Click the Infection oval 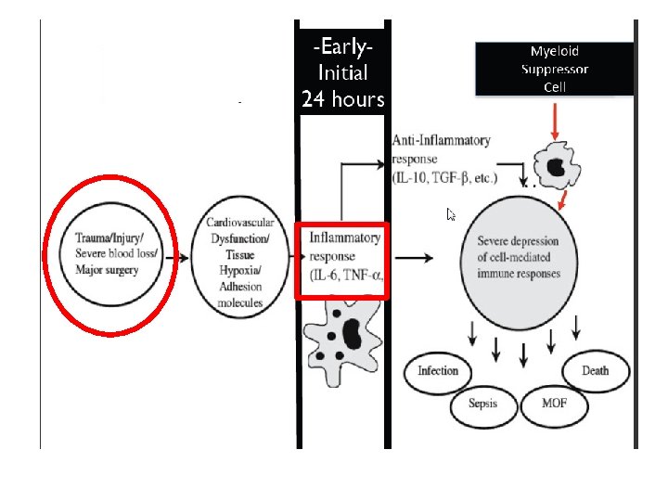tap(437, 371)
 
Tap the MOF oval tap(553, 405)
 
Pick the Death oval tap(596, 371)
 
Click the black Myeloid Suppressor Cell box tap(555, 69)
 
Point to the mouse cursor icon tap(451, 215)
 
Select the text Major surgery tap(107, 270)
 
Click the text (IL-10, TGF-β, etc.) tap(444, 176)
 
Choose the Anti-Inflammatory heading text tap(441, 141)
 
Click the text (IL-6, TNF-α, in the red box tap(345, 273)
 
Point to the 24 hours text tap(342, 99)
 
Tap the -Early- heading tap(342, 45)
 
